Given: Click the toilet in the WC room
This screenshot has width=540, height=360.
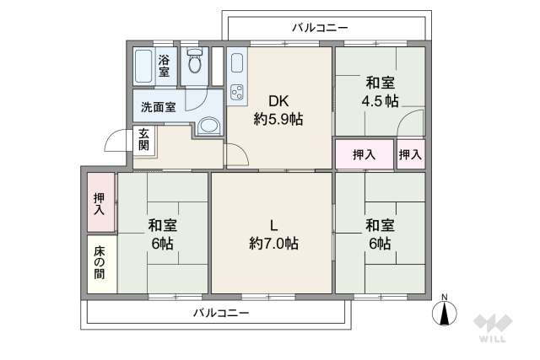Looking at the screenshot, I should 196,63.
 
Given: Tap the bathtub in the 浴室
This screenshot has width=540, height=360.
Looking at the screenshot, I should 144,66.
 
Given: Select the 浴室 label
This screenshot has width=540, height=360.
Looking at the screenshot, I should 165,66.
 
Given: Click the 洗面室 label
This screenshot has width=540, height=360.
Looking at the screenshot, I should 158,107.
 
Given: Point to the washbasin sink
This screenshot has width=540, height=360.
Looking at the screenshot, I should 209,125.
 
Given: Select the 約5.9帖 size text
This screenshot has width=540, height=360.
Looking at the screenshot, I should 279,119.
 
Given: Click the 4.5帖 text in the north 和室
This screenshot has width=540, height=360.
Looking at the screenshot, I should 381,102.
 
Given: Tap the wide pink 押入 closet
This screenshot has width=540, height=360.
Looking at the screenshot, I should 364,154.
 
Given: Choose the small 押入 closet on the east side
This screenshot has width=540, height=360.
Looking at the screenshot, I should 411,154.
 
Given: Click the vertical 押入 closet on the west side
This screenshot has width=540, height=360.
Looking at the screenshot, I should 99,202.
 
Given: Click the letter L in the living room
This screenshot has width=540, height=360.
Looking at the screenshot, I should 273,224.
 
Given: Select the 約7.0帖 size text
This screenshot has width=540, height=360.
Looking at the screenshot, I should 273,244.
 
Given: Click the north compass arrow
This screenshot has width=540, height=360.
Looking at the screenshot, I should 445,312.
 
